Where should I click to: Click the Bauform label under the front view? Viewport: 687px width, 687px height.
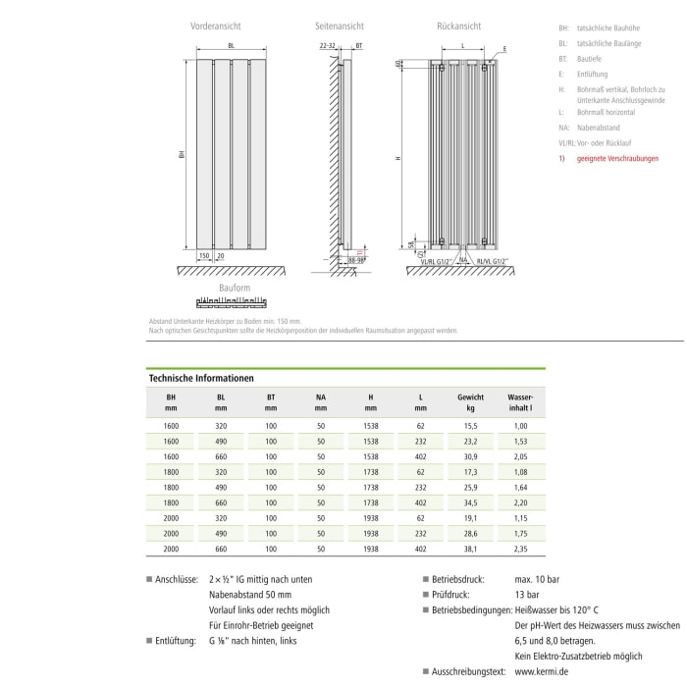[235, 288]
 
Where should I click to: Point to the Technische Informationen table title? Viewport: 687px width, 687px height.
[201, 377]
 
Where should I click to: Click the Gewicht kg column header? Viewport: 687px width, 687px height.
[471, 400]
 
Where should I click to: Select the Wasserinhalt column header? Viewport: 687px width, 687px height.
[521, 400]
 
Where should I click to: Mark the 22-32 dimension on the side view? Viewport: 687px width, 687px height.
[328, 46]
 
